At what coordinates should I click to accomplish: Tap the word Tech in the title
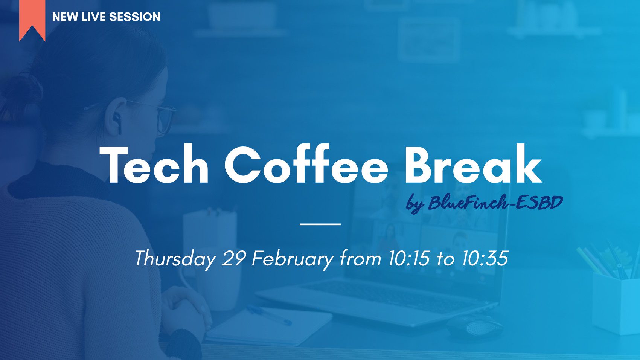154,165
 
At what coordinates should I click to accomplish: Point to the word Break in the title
473,164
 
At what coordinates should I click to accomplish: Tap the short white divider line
320,224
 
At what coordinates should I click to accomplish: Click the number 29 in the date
233,258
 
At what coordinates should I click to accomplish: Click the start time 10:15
408,258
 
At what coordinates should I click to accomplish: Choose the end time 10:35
485,258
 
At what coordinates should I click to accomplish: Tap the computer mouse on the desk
475,326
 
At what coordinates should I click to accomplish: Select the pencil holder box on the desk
616,303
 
